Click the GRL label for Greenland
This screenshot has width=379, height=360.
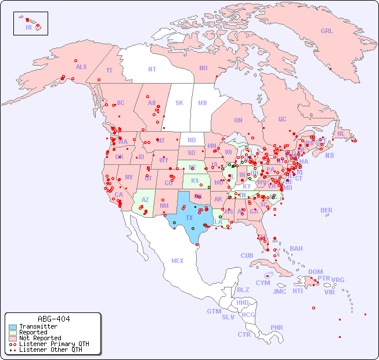coord(327,31)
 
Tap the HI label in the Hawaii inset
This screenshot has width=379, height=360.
coord(28,27)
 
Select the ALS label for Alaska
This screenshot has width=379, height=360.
coord(81,67)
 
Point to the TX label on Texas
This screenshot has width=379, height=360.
coord(189,218)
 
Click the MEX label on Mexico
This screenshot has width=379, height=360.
coord(178,261)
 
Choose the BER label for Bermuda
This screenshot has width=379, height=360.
coord(326,210)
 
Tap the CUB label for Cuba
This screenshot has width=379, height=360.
coord(247,255)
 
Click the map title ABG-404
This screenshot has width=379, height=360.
coord(53,319)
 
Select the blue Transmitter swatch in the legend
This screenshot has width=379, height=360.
coord(13,327)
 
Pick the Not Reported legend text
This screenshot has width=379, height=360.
coord(40,338)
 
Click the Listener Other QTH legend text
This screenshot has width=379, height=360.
coord(50,350)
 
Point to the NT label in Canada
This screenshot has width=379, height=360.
coord(152,69)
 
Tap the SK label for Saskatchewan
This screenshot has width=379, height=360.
coord(179,103)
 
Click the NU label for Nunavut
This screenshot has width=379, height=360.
coord(203,68)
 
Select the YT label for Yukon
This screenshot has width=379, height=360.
coord(109,70)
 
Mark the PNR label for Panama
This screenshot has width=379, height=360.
coord(277,327)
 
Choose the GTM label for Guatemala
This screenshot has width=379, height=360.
coord(214,311)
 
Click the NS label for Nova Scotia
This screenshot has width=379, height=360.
coord(329,155)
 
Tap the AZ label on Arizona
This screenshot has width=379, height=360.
coord(145,199)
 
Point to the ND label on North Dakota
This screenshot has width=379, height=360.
coord(192,140)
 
